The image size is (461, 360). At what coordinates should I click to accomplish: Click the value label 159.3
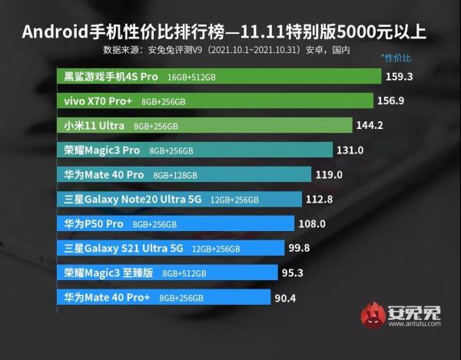point(398,77)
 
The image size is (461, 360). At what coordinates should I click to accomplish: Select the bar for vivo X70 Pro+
point(215,101)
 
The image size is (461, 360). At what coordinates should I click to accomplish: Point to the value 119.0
point(330,174)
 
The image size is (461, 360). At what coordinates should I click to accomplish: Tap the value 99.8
point(300,248)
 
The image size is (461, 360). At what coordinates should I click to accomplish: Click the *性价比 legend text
point(396,58)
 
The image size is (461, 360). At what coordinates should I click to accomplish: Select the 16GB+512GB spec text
point(196,78)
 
